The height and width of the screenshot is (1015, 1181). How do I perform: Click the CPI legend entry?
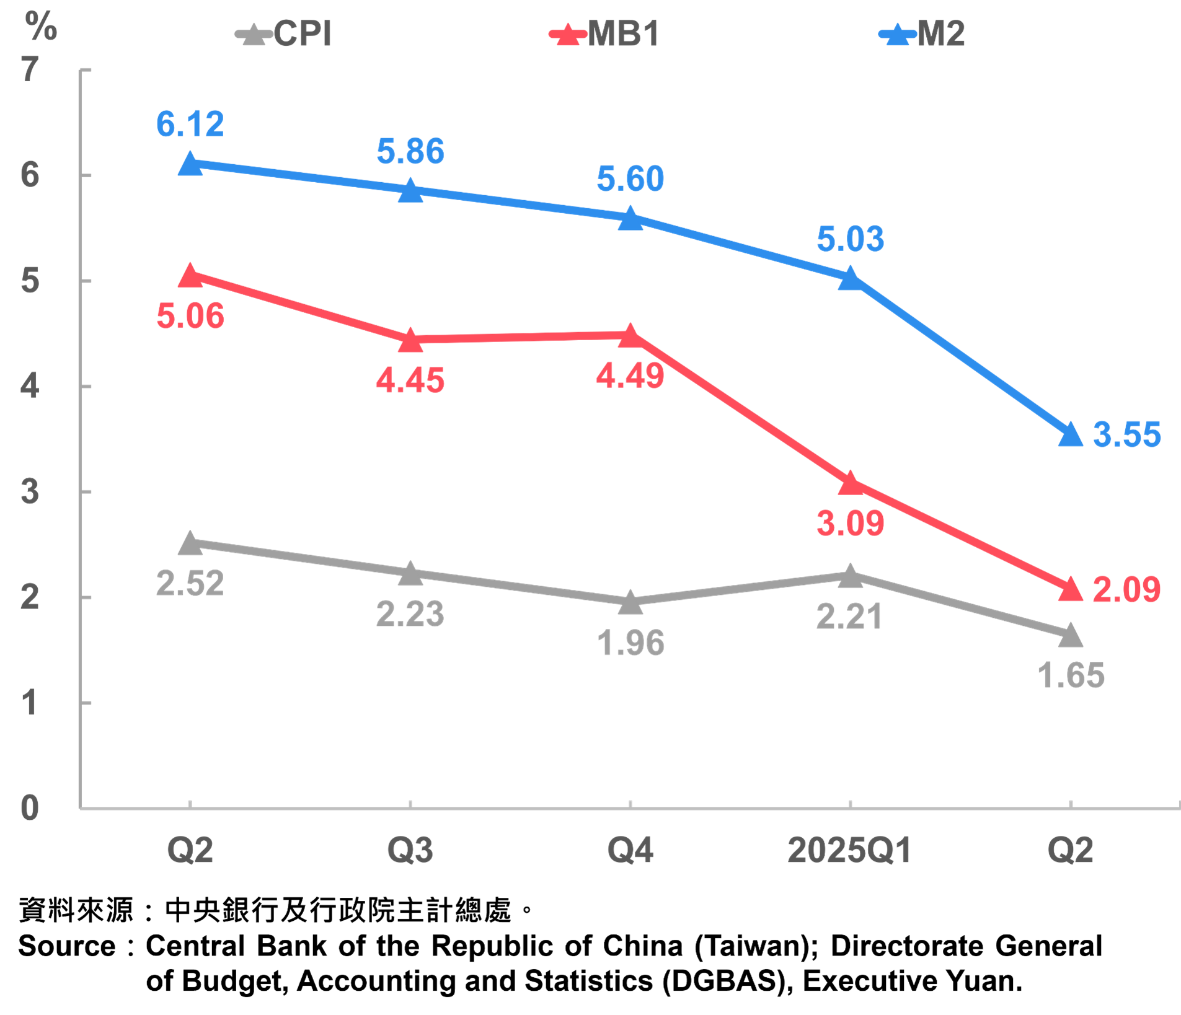pos(285,33)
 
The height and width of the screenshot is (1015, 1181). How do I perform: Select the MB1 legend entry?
pos(604,33)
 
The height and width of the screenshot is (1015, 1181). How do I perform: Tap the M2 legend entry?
pos(922,33)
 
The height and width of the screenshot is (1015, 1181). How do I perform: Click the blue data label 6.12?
pos(190,124)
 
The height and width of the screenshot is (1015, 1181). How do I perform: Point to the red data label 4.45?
pos(410,380)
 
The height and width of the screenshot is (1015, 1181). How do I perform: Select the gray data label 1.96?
pos(630,643)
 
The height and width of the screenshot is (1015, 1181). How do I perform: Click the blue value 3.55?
pos(1126,434)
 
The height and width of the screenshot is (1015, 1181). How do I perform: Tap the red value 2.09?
pos(1126,589)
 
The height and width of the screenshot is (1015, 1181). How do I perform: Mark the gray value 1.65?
pos(1071,675)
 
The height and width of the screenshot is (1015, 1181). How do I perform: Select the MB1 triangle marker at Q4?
pos(630,336)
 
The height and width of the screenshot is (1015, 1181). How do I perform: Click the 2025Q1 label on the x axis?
pos(849,850)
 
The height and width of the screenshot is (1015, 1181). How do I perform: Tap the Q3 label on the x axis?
pos(410,850)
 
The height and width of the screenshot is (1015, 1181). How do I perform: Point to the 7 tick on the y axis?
pos(30,69)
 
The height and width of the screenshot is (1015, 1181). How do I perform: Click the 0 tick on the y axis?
pos(30,808)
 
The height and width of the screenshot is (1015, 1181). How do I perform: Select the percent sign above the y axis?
pos(41,27)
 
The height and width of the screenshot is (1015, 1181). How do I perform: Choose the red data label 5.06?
pos(190,315)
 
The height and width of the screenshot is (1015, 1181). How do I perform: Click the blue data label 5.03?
pos(850,239)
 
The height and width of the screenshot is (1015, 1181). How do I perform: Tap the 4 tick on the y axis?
pos(30,386)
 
